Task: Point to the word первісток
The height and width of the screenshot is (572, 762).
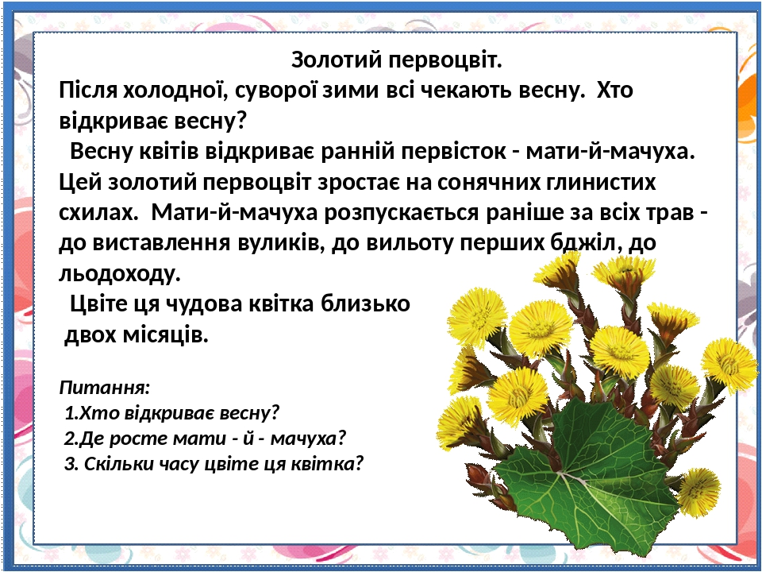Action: pyautogui.click(x=453, y=152)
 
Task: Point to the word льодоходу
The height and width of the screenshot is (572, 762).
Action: pyautogui.click(x=120, y=273)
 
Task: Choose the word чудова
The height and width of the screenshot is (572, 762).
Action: pyautogui.click(x=204, y=304)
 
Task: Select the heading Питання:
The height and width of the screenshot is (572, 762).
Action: pyautogui.click(x=105, y=388)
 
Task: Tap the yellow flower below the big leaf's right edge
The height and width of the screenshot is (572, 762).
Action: pyautogui.click(x=698, y=491)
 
